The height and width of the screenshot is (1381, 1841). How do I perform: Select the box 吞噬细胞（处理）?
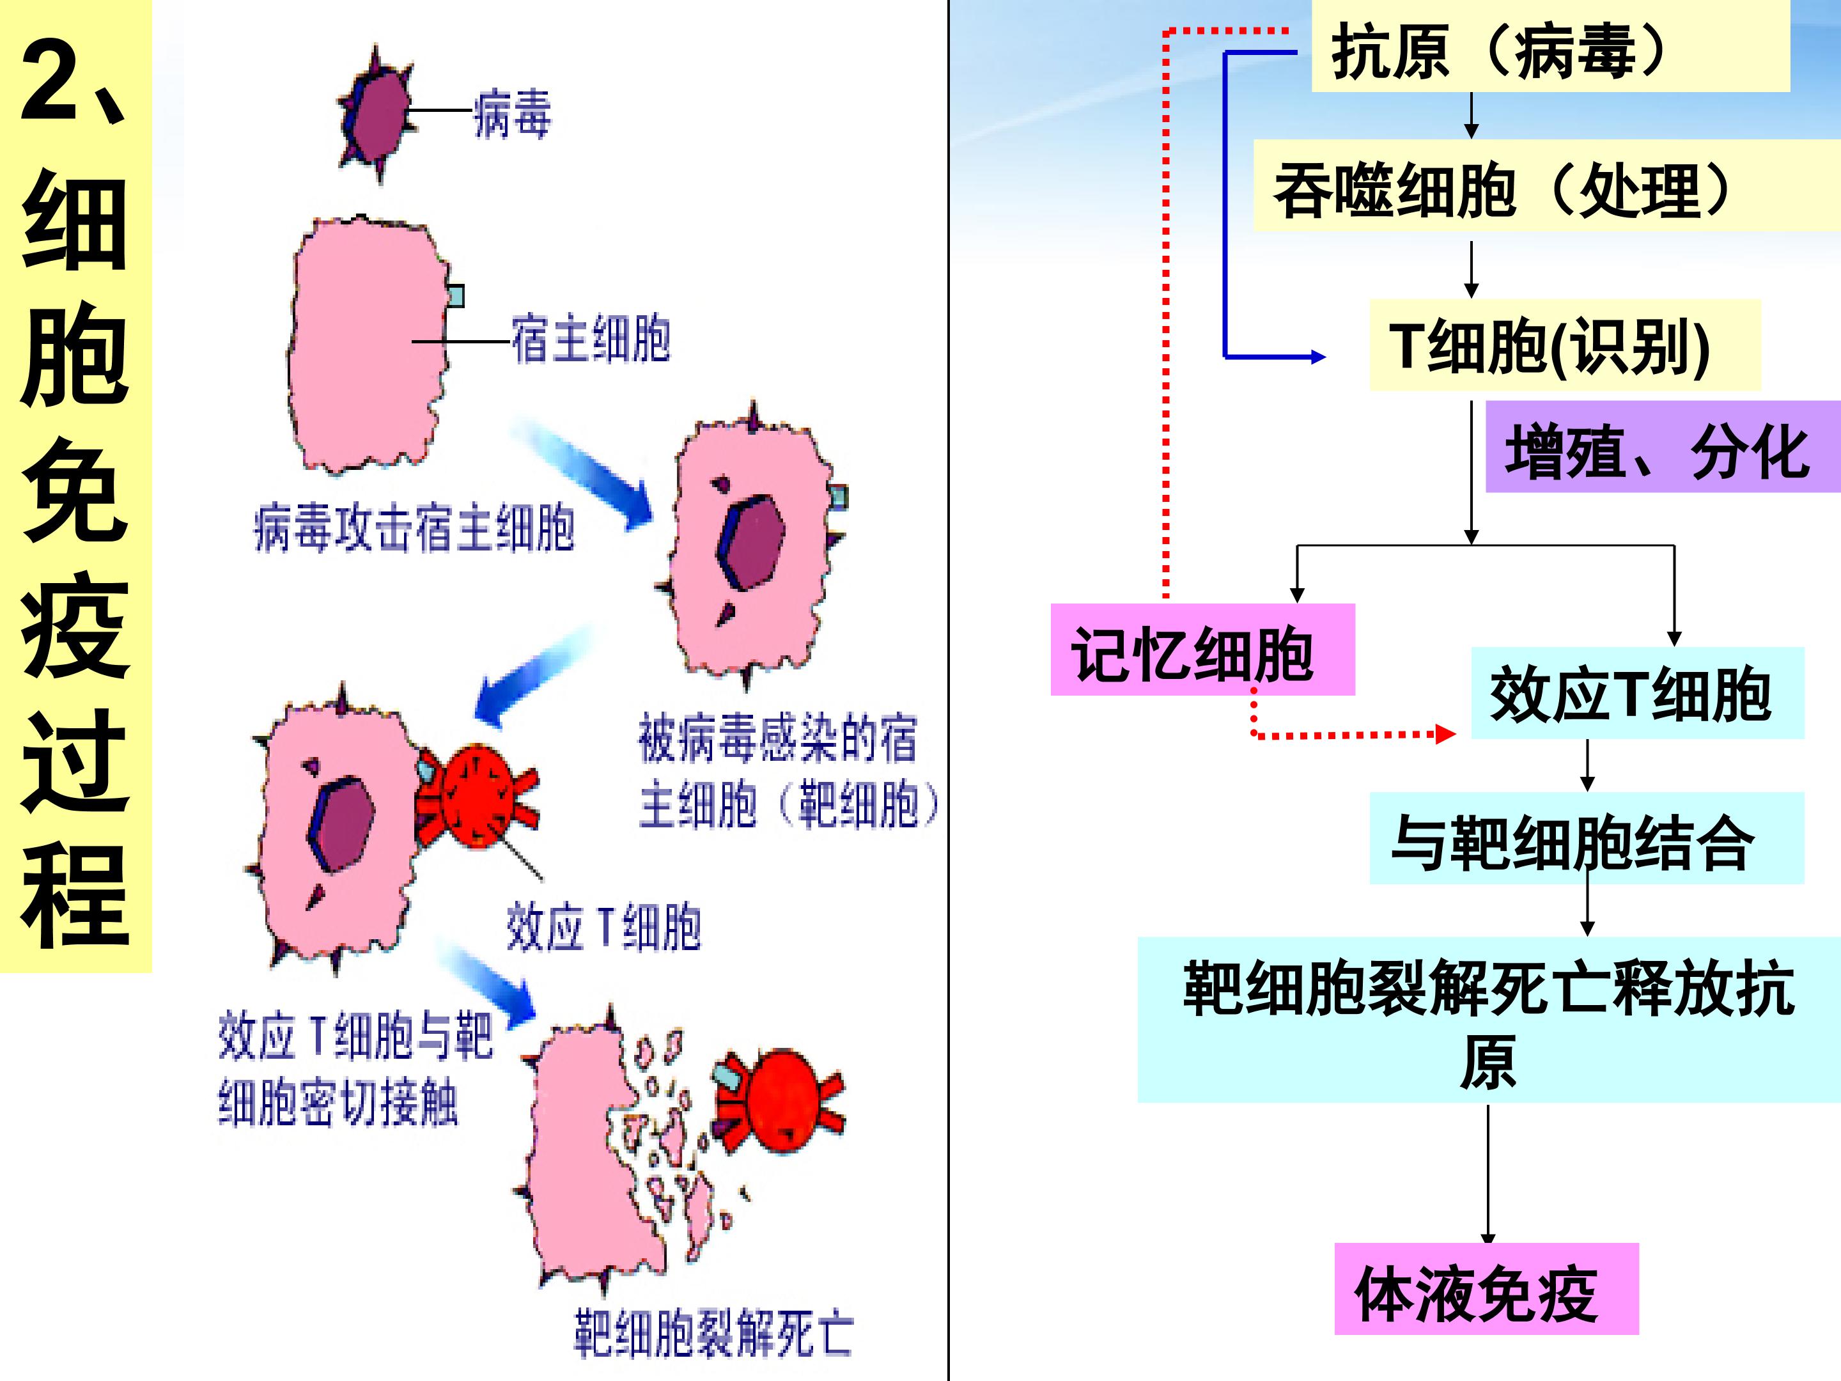1547,185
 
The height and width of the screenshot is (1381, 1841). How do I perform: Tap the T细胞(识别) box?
1565,345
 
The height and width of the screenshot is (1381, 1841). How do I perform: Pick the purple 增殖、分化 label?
1663,446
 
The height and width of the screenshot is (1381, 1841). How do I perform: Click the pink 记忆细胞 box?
1202,650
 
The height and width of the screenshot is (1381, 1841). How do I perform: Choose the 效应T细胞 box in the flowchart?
1637,692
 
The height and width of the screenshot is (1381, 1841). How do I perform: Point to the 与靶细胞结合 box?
1587,838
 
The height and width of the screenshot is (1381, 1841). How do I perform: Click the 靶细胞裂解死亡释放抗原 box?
1489,1020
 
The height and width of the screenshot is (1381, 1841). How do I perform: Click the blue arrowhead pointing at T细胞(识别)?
1318,357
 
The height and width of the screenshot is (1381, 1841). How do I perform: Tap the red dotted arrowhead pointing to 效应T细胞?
1446,734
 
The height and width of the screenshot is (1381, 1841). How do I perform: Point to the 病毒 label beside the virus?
512,113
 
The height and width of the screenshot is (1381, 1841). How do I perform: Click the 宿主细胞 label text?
590,339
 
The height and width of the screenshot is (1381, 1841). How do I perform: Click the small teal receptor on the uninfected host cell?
455,295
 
